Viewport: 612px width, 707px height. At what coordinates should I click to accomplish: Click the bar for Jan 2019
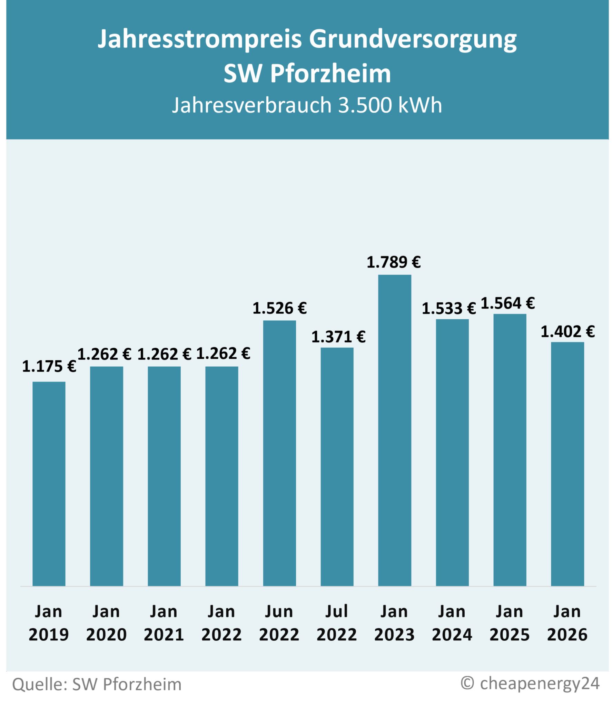49,483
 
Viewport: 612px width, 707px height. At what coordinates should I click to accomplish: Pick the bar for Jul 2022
337,466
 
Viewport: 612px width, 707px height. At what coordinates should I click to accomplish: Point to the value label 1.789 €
394,262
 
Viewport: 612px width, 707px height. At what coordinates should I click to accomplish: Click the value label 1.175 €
49,366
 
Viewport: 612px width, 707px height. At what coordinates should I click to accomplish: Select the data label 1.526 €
279,308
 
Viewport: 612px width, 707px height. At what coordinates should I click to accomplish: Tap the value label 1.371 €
338,337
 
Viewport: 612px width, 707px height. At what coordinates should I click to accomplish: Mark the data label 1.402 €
567,332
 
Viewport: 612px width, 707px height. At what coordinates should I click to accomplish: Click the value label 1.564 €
508,303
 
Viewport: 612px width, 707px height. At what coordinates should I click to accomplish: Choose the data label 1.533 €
449,309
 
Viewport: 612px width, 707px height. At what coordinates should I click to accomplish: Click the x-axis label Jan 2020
106,623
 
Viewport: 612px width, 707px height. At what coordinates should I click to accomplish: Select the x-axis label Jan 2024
452,623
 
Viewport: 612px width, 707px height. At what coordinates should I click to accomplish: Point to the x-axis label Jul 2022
337,623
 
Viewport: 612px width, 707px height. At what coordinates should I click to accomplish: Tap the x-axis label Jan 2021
164,623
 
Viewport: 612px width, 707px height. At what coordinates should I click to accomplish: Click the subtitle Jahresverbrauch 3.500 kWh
307,105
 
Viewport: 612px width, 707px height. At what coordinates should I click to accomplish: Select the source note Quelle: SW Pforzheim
97,684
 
